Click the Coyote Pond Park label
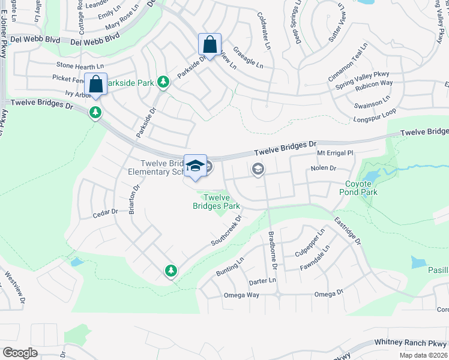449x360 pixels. click(x=361, y=188)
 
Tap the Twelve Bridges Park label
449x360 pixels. click(x=216, y=202)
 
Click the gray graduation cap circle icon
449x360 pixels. click(x=258, y=170)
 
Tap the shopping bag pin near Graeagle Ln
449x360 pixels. click(x=209, y=45)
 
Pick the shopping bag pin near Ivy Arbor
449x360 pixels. click(x=95, y=85)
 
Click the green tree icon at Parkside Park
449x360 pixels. click(x=163, y=82)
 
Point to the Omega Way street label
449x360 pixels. click(x=241, y=295)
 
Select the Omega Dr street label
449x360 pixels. click(x=329, y=293)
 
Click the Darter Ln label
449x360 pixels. click(x=262, y=280)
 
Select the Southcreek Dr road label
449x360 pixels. click(x=226, y=230)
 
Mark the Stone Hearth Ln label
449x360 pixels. click(x=80, y=64)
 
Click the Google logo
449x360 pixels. click(x=20, y=353)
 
